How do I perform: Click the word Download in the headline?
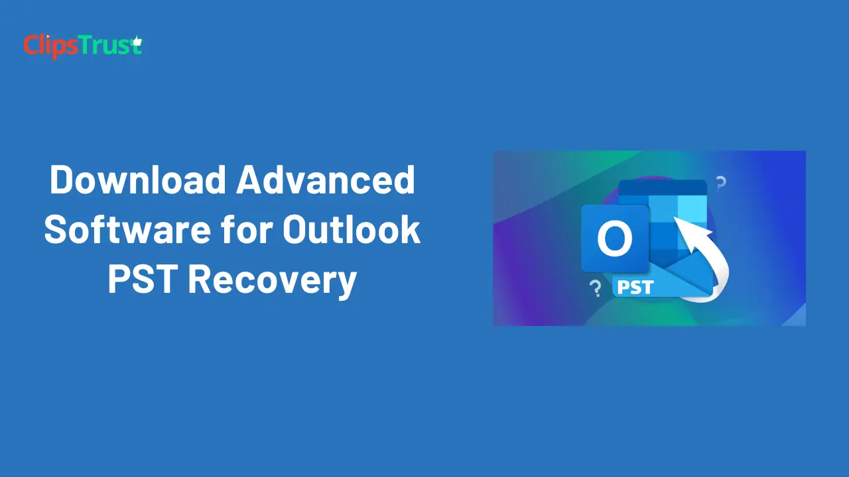pos(138,180)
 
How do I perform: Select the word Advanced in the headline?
pos(326,180)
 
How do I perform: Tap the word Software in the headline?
pos(127,229)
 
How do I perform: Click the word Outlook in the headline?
pos(352,229)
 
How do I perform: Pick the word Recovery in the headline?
pos(273,280)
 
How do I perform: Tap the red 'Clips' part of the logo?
pos(52,47)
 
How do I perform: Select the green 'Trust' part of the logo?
pos(111,46)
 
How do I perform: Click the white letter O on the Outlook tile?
pos(615,239)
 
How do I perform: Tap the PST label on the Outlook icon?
pos(635,288)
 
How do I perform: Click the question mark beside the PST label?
pos(596,289)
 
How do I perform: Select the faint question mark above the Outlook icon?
pos(721,183)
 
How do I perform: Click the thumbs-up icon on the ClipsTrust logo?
pos(137,41)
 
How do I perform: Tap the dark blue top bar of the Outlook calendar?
pos(663,188)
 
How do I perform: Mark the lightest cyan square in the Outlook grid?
pos(692,208)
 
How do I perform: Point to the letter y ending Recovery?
pos(346,284)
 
